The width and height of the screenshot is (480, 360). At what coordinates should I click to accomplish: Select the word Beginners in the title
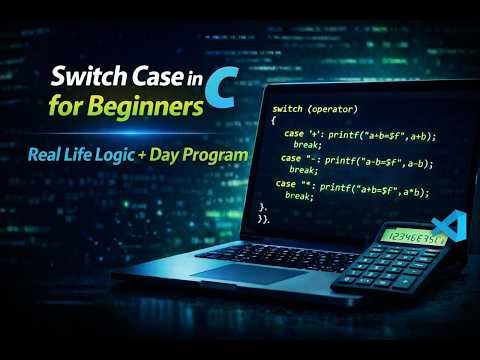point(152,105)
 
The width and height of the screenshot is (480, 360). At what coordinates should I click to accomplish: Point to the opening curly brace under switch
point(273,119)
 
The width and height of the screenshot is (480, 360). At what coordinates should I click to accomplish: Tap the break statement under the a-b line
point(303,170)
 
